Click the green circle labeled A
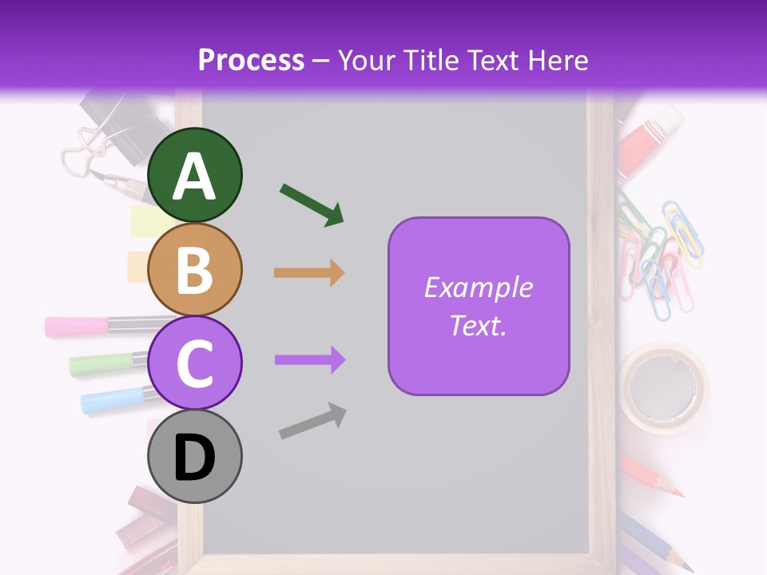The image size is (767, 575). (x=194, y=175)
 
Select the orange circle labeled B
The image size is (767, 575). (x=194, y=269)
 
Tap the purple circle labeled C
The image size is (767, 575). (x=194, y=363)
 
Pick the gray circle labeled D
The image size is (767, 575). (x=194, y=457)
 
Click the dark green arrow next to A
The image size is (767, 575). (x=312, y=204)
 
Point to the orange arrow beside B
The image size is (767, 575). (x=309, y=272)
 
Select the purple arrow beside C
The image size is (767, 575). (x=309, y=360)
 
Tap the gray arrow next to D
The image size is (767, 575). (x=312, y=421)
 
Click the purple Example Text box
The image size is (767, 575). (x=479, y=306)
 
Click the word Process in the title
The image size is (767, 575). (x=251, y=60)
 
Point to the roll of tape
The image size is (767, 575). (x=665, y=387)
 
